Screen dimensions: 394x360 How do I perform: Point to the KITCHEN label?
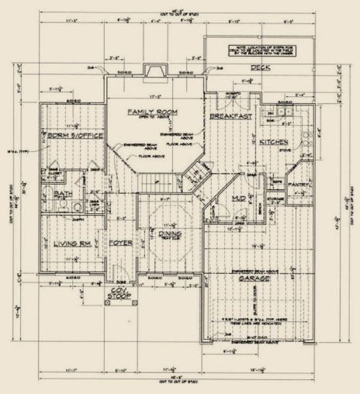274,142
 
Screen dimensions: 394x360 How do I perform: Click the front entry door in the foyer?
118,273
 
